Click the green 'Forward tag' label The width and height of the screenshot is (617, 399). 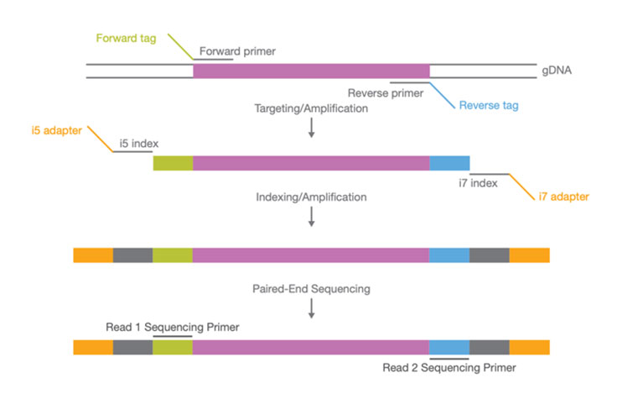click(x=130, y=39)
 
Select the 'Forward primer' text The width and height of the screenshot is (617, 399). click(x=238, y=51)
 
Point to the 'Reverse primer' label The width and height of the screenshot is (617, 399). click(x=385, y=92)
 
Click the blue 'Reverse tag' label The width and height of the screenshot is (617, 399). click(x=490, y=107)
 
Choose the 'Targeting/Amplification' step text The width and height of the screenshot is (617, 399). click(x=311, y=110)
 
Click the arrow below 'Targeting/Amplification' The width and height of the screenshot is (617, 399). click(x=311, y=129)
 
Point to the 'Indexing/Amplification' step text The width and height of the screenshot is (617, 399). click(x=311, y=197)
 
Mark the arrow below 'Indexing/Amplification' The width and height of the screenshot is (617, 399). click(x=311, y=218)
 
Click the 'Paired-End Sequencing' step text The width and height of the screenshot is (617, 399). click(x=311, y=288)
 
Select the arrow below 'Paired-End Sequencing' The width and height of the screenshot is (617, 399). click(x=311, y=308)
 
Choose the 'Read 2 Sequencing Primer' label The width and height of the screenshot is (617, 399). click(x=449, y=367)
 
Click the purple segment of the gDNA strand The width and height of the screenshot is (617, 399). click(x=311, y=71)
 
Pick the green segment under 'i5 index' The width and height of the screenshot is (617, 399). click(x=173, y=163)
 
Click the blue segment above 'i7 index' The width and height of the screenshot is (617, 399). click(x=449, y=163)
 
